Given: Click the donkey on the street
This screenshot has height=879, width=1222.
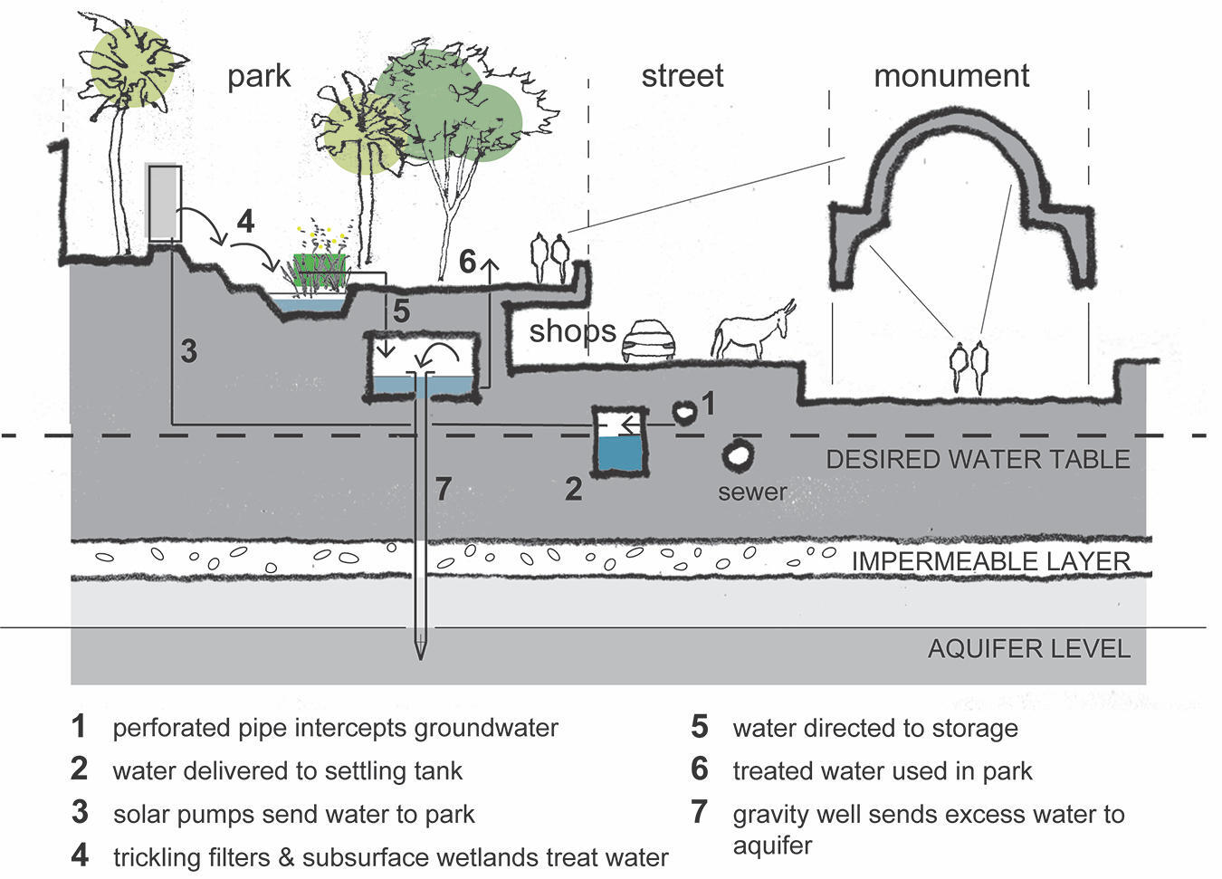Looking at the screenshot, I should click(x=751, y=332).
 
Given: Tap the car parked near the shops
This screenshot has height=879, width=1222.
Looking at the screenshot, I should click(x=647, y=341).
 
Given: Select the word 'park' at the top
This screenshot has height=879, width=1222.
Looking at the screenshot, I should click(x=259, y=76).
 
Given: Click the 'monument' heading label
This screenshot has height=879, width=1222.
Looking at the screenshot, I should click(x=950, y=76).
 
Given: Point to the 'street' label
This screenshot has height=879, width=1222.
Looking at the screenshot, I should click(x=682, y=76).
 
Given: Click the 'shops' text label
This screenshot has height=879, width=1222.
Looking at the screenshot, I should click(x=572, y=331).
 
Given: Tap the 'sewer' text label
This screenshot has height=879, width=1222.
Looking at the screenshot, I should click(x=751, y=492).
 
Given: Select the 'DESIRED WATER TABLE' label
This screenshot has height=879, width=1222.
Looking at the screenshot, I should click(x=978, y=460).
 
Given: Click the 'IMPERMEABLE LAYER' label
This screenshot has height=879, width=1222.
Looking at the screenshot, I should click(x=990, y=561).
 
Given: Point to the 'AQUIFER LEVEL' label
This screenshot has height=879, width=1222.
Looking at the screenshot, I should click(x=1028, y=649).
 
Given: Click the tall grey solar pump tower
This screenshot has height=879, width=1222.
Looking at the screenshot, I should click(x=164, y=203).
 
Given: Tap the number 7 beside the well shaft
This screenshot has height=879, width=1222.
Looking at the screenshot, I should click(x=442, y=490).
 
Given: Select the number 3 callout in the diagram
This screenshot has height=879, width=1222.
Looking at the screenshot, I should click(x=188, y=350).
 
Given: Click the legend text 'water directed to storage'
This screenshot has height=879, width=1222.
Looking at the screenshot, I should click(x=874, y=729).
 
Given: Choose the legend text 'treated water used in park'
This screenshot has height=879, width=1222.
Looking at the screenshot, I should click(x=882, y=771).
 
